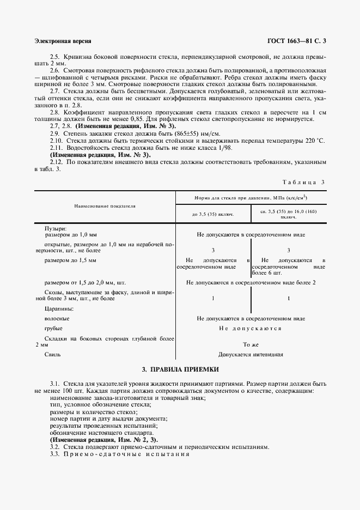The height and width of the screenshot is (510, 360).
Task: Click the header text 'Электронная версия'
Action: coord(63,41)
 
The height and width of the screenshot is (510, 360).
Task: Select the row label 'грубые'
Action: coord(53,329)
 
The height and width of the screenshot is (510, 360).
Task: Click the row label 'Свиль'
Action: coord(52,354)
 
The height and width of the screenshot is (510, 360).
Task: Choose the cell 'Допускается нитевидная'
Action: coord(251,354)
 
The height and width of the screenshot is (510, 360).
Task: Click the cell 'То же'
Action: coord(251,344)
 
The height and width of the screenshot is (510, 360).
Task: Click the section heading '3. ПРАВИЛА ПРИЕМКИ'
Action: coord(180,369)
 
